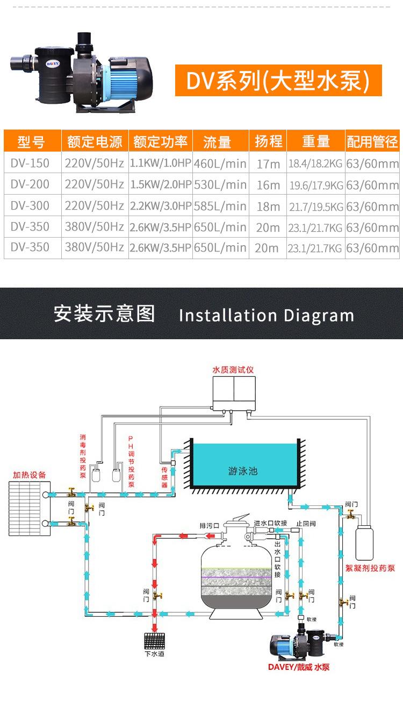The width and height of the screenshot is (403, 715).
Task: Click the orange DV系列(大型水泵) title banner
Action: coord(278,81)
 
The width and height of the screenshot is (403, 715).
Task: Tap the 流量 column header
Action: coord(217,142)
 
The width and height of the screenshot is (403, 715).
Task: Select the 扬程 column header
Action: coord(268,141)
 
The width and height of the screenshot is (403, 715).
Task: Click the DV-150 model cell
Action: coord(30,163)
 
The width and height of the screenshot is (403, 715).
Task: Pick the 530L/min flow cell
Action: coord(220,185)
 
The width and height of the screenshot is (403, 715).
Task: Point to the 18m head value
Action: coord(268,206)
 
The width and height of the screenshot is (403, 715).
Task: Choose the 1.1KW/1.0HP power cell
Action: coord(161,163)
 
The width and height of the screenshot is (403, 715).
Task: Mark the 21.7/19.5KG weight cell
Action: coord(316,206)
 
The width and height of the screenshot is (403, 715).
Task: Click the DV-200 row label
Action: coord(30,184)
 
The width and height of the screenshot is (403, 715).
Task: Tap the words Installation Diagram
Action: coord(267,316)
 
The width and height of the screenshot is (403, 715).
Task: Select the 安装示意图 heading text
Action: coord(104,313)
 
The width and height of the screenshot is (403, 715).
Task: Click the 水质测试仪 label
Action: coord(233,370)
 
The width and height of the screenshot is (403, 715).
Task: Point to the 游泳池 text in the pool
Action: coord(243,471)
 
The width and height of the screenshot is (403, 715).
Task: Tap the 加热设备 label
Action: coord(30,475)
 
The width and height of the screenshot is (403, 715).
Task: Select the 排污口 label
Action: coord(209,525)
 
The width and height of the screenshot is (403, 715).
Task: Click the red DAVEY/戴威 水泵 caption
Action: coord(299,667)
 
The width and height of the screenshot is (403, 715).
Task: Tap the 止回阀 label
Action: coord(305,523)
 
